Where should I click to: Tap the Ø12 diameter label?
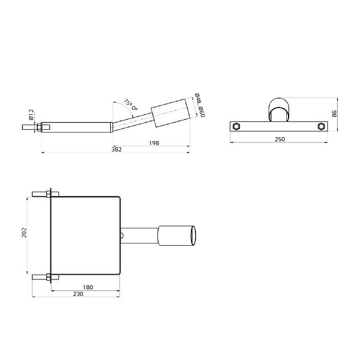(32, 115)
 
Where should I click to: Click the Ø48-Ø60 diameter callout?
(199, 105)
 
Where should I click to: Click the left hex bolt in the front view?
(236, 127)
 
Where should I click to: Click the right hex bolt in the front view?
(321, 127)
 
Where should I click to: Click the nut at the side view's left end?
(38, 127)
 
